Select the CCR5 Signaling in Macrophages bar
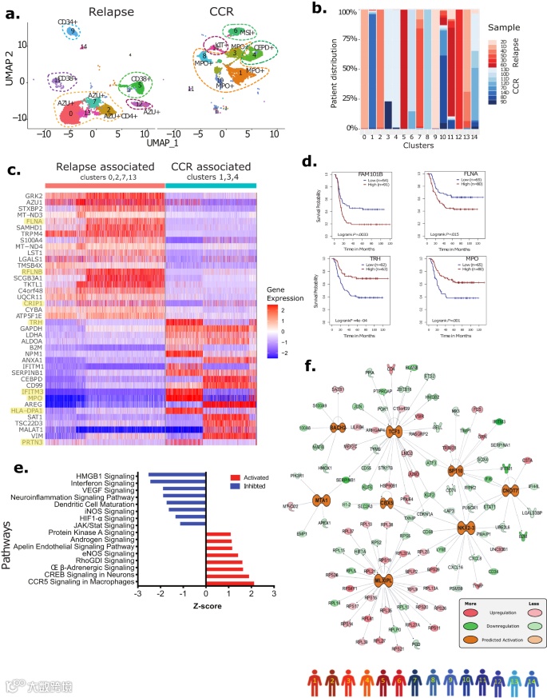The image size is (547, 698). click(230, 560)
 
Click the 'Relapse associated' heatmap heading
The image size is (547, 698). click(105, 166)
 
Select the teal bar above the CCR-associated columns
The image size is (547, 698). click(211, 185)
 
